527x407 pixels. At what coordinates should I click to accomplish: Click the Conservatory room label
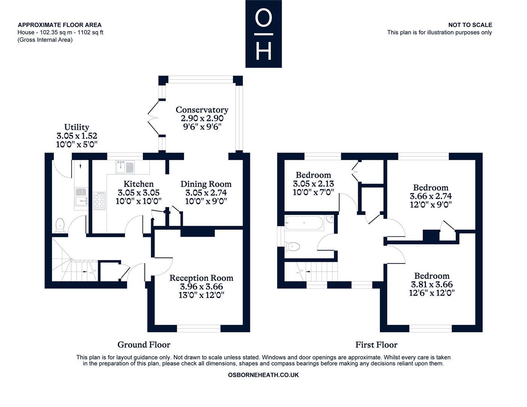pyautogui.click(x=202, y=110)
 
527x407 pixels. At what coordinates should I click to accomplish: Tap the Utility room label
pyautogui.click(x=77, y=127)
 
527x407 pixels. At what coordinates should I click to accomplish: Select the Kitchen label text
pyautogui.click(x=138, y=184)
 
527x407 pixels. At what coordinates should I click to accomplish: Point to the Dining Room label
pyautogui.click(x=206, y=184)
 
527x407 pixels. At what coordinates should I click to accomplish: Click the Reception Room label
pyautogui.click(x=201, y=278)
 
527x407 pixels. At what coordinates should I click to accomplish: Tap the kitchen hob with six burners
pyautogui.click(x=100, y=200)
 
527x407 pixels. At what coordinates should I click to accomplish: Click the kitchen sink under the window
pyautogui.click(x=125, y=167)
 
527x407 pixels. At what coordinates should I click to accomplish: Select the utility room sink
pyautogui.click(x=81, y=197)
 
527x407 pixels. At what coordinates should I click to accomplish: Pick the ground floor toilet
pyautogui.click(x=60, y=225)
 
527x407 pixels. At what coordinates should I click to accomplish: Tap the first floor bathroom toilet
pyautogui.click(x=292, y=247)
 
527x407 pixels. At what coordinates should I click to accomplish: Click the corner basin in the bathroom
pyautogui.click(x=330, y=219)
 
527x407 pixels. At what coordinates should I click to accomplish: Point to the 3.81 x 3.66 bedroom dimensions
pyautogui.click(x=432, y=285)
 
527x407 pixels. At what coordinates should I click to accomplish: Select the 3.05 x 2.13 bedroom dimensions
pyautogui.click(x=313, y=184)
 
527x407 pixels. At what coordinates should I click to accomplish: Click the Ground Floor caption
pyautogui.click(x=144, y=345)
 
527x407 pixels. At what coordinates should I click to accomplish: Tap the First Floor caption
pyautogui.click(x=376, y=345)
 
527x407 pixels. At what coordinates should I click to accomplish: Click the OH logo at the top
pyautogui.click(x=263, y=34)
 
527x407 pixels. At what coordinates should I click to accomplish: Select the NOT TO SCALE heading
pyautogui.click(x=470, y=25)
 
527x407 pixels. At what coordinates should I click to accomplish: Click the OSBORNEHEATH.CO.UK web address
pyautogui.click(x=263, y=375)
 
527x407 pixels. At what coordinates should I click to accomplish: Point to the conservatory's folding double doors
pyautogui.click(x=153, y=118)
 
